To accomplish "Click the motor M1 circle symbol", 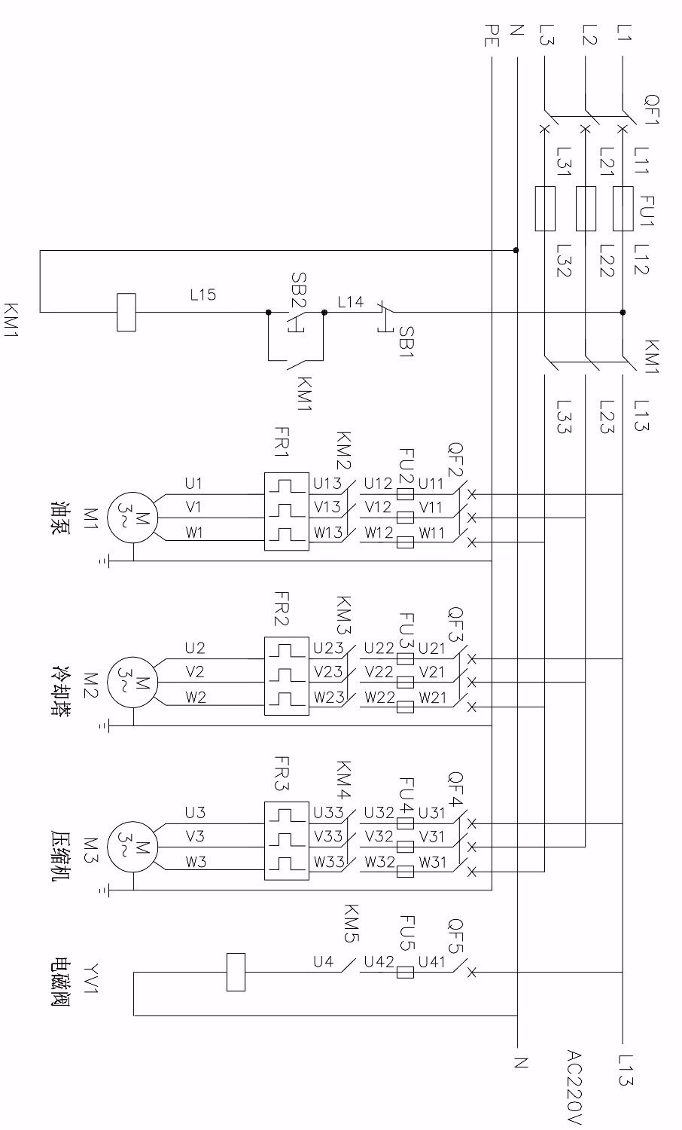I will tap(132, 518).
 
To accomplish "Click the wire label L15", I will tap(202, 295).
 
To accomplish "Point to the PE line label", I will tap(490, 34).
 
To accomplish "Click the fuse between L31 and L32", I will tap(544, 209).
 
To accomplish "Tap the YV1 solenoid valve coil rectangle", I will tap(236, 972).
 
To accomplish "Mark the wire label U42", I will tap(377, 962).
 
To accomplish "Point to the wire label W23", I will tap(329, 698).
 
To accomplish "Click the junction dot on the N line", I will tap(516, 250).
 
